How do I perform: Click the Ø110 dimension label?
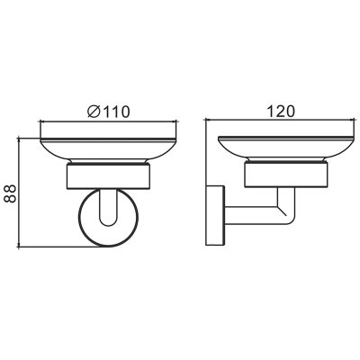[109, 112]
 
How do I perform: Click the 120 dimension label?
[281, 112]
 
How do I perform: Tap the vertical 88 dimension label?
[10, 193]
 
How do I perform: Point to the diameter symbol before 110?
[94, 112]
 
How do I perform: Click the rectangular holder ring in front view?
[108, 176]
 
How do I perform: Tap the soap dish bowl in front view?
[108, 150]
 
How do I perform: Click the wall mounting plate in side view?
[215, 216]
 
